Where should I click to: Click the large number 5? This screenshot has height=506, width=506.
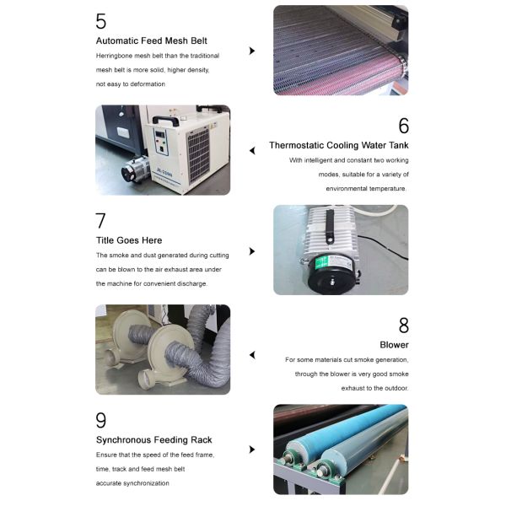pyautogui.click(x=101, y=22)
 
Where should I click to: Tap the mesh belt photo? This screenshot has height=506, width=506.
pyautogui.click(x=340, y=50)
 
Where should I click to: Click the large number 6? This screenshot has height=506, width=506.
pyautogui.click(x=403, y=126)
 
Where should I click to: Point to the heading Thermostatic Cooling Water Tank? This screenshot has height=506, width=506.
pyautogui.click(x=338, y=145)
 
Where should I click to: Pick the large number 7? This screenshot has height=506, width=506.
pyautogui.click(x=101, y=221)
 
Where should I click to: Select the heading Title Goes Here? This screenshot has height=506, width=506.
pyautogui.click(x=128, y=240)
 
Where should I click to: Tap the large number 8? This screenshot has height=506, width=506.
pyautogui.click(x=403, y=326)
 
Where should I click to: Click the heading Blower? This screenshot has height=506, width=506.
pyautogui.click(x=394, y=345)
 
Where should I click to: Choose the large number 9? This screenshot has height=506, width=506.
pyautogui.click(x=101, y=420)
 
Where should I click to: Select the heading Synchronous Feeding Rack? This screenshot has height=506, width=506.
pyautogui.click(x=153, y=439)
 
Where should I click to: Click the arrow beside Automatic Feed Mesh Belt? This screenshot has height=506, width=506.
pyautogui.click(x=251, y=51)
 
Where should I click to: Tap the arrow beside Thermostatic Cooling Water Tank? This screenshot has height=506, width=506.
pyautogui.click(x=251, y=151)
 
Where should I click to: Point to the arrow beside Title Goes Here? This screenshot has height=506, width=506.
pyautogui.click(x=251, y=250)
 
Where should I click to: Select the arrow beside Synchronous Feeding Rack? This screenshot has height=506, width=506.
pyautogui.click(x=251, y=450)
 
